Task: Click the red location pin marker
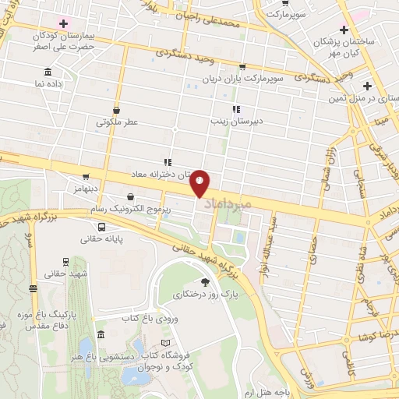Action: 200,182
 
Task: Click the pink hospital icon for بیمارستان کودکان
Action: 64,23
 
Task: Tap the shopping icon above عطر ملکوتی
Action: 116,110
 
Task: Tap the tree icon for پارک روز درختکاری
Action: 205,282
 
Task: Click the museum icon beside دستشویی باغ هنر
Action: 102,334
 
